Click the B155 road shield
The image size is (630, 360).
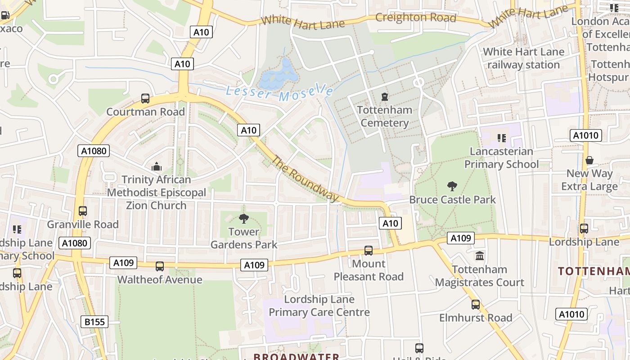tap(94, 322)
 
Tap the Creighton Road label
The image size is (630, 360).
tap(415, 18)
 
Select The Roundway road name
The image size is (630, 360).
tap(305, 179)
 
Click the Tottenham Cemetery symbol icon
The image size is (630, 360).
tap(385, 97)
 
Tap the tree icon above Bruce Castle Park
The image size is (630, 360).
tap(452, 186)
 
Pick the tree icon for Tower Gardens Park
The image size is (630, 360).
tap(244, 219)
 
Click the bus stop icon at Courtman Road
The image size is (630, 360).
tap(145, 99)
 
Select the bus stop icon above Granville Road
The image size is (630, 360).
tap(83, 211)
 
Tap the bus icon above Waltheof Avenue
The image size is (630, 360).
tap(160, 266)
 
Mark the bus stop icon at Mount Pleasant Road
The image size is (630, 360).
tap(369, 250)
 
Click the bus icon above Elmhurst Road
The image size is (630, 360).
tap(476, 304)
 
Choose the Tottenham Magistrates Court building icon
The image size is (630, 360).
tap(480, 256)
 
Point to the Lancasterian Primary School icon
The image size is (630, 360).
tap(502, 138)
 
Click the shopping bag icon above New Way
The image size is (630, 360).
tap(589, 160)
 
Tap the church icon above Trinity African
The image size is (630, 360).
tap(157, 166)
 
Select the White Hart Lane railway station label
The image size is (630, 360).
tap(523, 58)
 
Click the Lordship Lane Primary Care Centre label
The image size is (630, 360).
tap(319, 306)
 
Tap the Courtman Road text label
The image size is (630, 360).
tap(145, 112)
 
